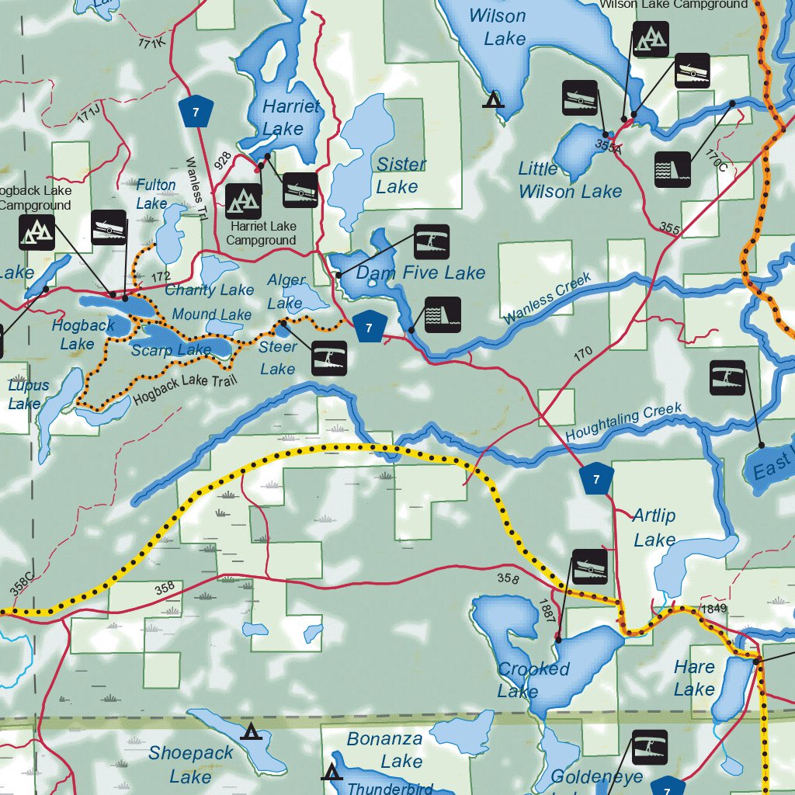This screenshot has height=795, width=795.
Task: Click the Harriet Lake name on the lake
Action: (290, 117)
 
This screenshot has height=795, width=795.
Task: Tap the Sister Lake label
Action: (400, 175)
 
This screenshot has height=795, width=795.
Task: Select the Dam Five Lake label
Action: (420, 273)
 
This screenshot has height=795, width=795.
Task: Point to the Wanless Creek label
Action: (547, 299)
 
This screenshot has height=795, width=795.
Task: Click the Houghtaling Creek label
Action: (623, 422)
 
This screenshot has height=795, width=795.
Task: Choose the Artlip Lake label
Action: (654, 527)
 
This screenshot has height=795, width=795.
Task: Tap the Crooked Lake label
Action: (533, 679)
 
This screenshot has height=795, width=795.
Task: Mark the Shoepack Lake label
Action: (191, 764)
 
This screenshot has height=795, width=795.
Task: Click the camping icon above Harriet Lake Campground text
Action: (243, 202)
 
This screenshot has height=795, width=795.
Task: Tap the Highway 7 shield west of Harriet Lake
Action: (196, 112)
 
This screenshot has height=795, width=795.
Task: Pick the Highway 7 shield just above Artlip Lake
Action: (596, 479)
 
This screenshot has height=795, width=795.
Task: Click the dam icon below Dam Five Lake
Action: (443, 314)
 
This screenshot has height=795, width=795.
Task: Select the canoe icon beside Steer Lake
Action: (329, 359)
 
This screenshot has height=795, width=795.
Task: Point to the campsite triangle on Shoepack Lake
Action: (250, 731)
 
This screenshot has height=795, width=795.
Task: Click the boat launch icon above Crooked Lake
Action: (590, 568)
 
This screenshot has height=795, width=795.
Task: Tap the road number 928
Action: (223, 160)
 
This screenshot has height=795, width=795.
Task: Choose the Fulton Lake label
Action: (155, 194)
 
